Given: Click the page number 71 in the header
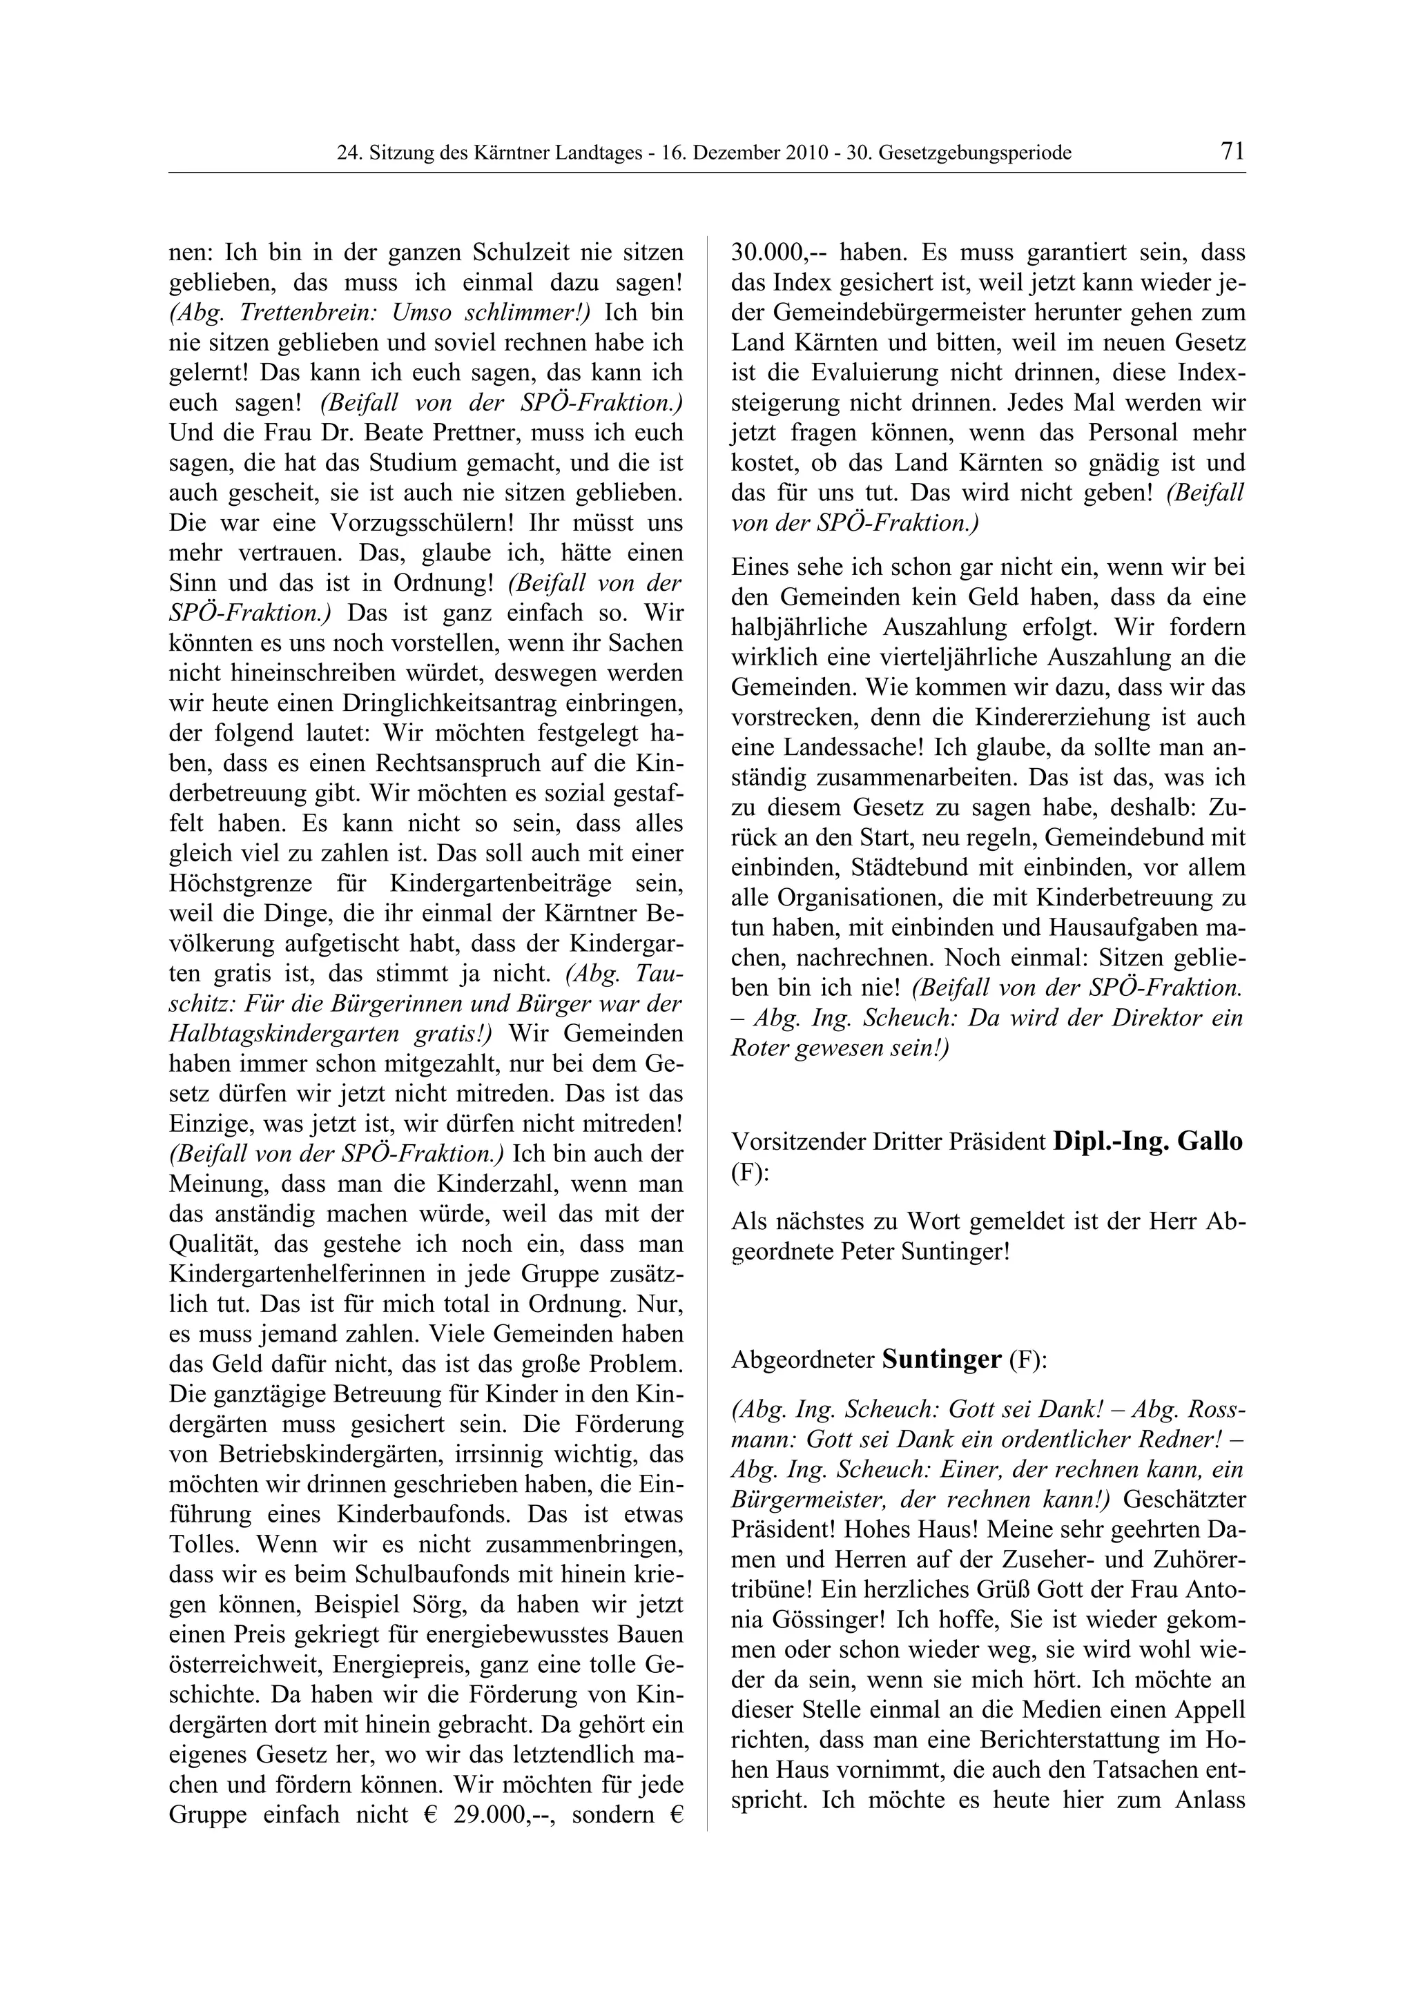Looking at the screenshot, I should click(1232, 152).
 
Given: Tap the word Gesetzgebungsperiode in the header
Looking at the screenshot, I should click(975, 154).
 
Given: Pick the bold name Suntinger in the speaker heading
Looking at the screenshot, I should click(941, 1361).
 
